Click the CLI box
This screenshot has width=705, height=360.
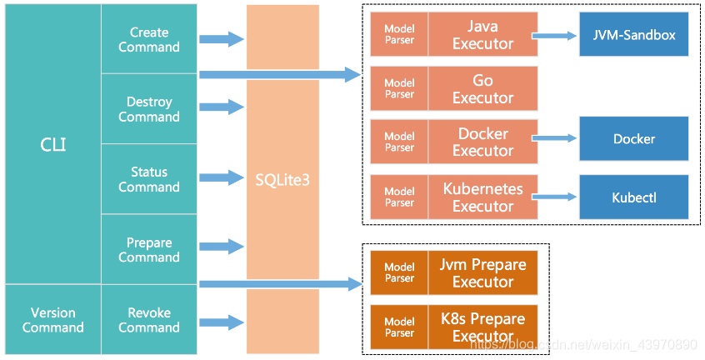coord(53,144)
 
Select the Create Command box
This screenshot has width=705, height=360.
coord(149,39)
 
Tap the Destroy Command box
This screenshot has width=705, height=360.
coord(149,109)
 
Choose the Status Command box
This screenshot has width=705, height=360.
coord(149,179)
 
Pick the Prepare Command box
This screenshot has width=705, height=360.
coord(149,249)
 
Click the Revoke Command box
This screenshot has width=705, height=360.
coord(149,319)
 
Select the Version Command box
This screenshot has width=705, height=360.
coord(53,319)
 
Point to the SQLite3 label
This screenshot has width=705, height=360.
coord(282,180)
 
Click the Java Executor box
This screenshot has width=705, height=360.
coord(482,34)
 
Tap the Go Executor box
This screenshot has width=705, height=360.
coord(482,88)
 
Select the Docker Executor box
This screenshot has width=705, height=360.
coord(482,142)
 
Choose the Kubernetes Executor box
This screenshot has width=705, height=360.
coord(482,197)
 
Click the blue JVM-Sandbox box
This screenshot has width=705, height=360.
coord(634,34)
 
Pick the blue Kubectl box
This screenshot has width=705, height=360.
coord(634,197)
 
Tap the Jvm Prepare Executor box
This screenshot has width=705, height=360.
coord(482,272)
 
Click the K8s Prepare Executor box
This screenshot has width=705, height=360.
coord(482,327)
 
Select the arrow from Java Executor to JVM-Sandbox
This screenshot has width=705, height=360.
coord(554,36)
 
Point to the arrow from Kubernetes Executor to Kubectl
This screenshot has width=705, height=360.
coord(554,197)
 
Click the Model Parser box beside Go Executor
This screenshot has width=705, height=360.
coord(399,88)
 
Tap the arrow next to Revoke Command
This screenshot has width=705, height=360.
coord(222,322)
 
